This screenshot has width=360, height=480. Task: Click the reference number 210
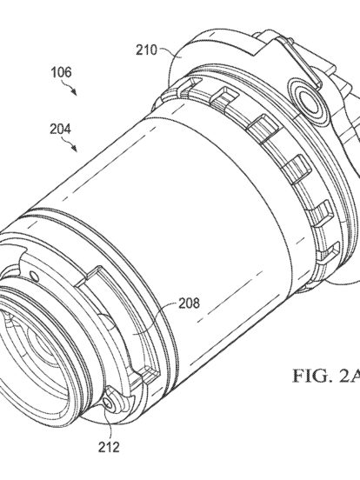point(146,50)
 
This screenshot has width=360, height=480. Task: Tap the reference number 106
point(61,72)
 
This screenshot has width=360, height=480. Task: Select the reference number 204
point(61,129)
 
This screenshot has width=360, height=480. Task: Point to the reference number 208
point(190,303)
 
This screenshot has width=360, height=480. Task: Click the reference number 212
point(109,447)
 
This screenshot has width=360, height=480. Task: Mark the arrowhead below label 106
point(74,92)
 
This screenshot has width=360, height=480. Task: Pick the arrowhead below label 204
point(74,148)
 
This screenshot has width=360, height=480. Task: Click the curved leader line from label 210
point(170,50)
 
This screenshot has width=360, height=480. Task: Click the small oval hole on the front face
point(35,277)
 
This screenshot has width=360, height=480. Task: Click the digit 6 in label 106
point(69,72)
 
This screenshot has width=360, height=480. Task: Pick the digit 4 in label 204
point(68,129)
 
